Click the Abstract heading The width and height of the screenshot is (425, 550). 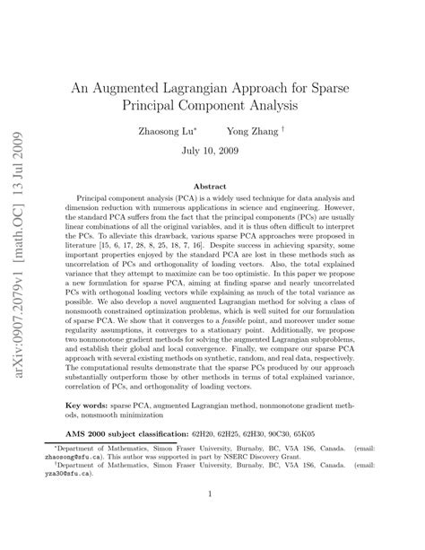[x=212, y=186]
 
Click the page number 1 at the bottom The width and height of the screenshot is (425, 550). [x=212, y=518]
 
